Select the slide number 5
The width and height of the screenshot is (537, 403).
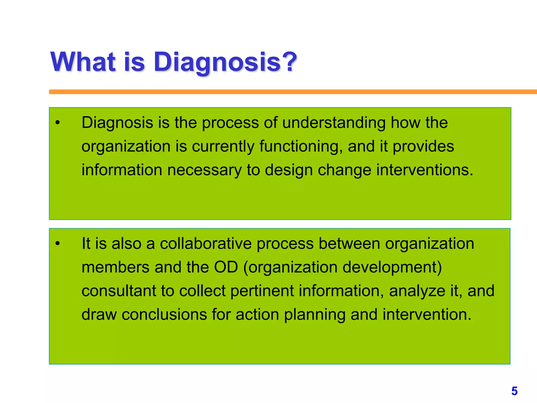click(x=514, y=391)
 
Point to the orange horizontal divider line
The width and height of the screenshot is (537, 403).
click(x=288, y=92)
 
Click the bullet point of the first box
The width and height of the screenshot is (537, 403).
click(x=58, y=123)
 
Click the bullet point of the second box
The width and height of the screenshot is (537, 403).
click(x=58, y=244)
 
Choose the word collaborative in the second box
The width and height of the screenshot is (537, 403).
click(x=206, y=244)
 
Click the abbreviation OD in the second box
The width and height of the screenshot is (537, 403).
click(x=226, y=267)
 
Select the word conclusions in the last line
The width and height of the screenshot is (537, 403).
click(x=164, y=315)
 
